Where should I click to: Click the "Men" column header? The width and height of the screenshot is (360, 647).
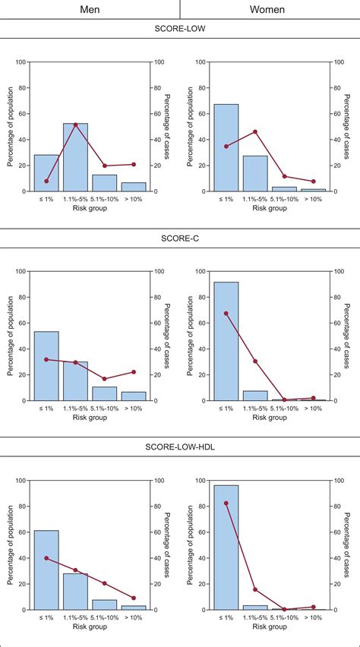point(90,9)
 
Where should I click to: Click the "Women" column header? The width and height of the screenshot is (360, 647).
point(270,9)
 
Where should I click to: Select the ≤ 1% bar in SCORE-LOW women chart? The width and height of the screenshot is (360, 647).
point(226,148)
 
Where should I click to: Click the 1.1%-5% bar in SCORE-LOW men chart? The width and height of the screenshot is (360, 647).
point(75,157)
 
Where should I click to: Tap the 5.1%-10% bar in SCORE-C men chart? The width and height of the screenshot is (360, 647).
point(105,393)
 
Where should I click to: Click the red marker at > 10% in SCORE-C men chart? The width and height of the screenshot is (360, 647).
point(134,372)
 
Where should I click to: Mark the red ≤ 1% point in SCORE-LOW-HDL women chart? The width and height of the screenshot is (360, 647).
point(226,503)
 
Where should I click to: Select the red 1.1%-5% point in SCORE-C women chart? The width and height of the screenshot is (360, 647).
point(255,361)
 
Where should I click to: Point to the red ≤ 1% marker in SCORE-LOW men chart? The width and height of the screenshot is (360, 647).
point(46,181)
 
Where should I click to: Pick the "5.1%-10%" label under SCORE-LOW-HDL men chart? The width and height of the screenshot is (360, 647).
point(105,617)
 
